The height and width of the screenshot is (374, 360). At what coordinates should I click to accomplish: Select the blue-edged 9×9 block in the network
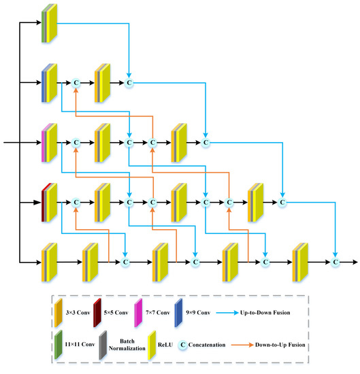click(x=50, y=82)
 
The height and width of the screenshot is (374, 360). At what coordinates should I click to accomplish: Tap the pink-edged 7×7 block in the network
click(x=50, y=142)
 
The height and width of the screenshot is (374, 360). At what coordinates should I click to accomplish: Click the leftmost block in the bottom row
click(x=50, y=260)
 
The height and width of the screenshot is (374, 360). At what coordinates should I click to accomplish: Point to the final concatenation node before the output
click(x=336, y=261)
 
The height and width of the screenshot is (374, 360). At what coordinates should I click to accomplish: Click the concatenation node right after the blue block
click(x=76, y=83)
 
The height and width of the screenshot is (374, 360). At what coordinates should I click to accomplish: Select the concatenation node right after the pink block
click(x=76, y=143)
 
